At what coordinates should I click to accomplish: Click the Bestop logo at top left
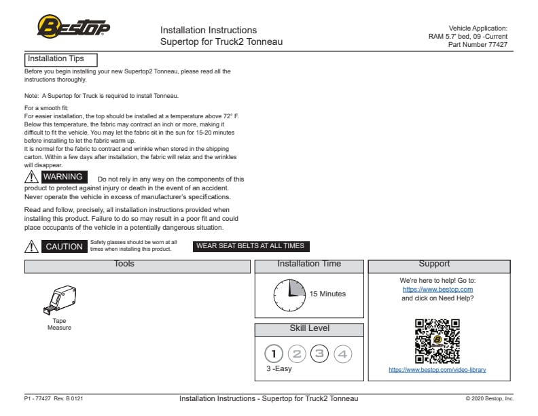coord(73,27)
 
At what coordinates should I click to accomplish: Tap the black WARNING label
coord(62,177)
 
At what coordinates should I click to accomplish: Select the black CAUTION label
coord(64,247)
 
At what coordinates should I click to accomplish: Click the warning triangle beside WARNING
coord(31,178)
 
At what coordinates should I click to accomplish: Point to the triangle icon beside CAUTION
coord(31,247)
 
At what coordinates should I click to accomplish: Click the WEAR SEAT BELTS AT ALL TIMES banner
coord(251,246)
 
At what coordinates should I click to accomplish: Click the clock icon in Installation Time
coord(289,295)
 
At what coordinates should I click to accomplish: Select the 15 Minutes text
coord(327,294)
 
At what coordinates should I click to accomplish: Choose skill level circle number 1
coord(274,353)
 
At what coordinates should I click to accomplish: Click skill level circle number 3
coord(319,353)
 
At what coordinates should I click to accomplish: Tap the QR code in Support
coord(437,341)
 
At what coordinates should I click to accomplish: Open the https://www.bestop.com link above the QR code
coord(437,290)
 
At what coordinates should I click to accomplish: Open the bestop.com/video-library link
coord(437,370)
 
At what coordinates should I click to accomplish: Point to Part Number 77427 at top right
coord(478,45)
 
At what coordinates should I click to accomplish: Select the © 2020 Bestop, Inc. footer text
coord(489,399)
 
